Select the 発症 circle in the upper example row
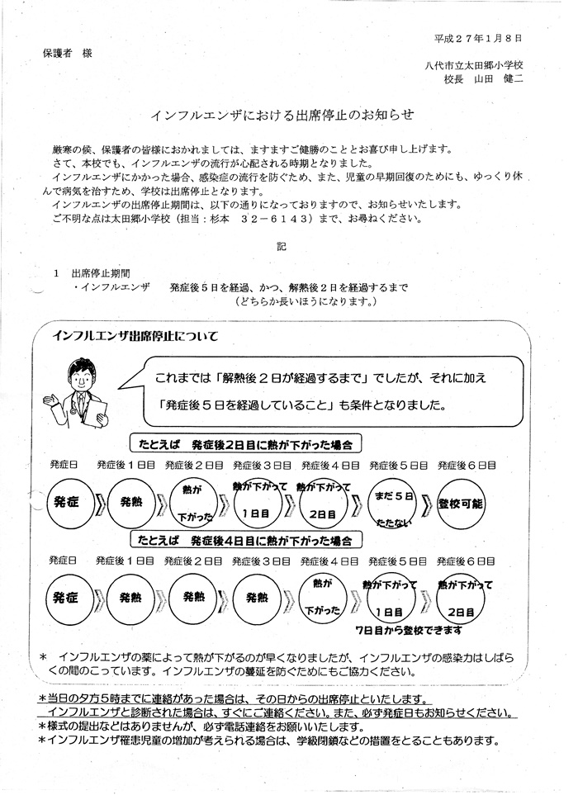pyautogui.click(x=66, y=501)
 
